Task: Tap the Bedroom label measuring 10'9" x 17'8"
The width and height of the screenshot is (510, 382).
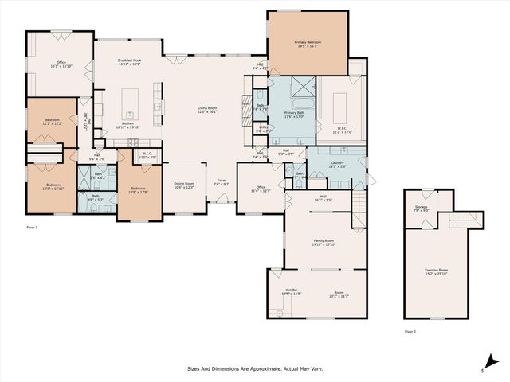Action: [x=138, y=189]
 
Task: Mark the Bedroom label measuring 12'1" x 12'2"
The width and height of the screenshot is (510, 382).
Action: [x=52, y=120]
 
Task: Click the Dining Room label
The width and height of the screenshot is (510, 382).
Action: [x=184, y=185]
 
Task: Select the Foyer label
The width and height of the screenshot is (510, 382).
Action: [x=222, y=181]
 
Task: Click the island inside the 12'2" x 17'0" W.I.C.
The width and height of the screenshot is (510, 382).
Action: [x=339, y=103]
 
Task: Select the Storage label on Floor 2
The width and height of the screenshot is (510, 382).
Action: [x=422, y=208]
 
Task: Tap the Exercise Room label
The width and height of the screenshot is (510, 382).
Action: [x=436, y=271]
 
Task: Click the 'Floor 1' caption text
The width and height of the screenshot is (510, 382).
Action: [x=32, y=228]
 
